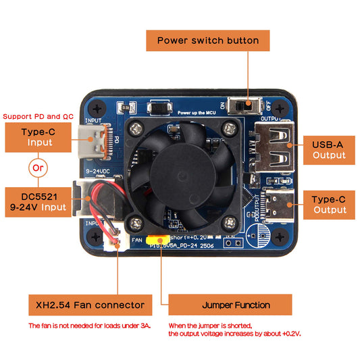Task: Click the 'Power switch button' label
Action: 208,41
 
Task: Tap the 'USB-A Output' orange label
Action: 329,149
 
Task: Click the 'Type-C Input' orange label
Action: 40,137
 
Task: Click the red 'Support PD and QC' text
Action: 38,116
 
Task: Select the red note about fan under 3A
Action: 90,326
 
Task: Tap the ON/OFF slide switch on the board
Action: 245,106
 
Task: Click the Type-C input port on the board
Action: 93,140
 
